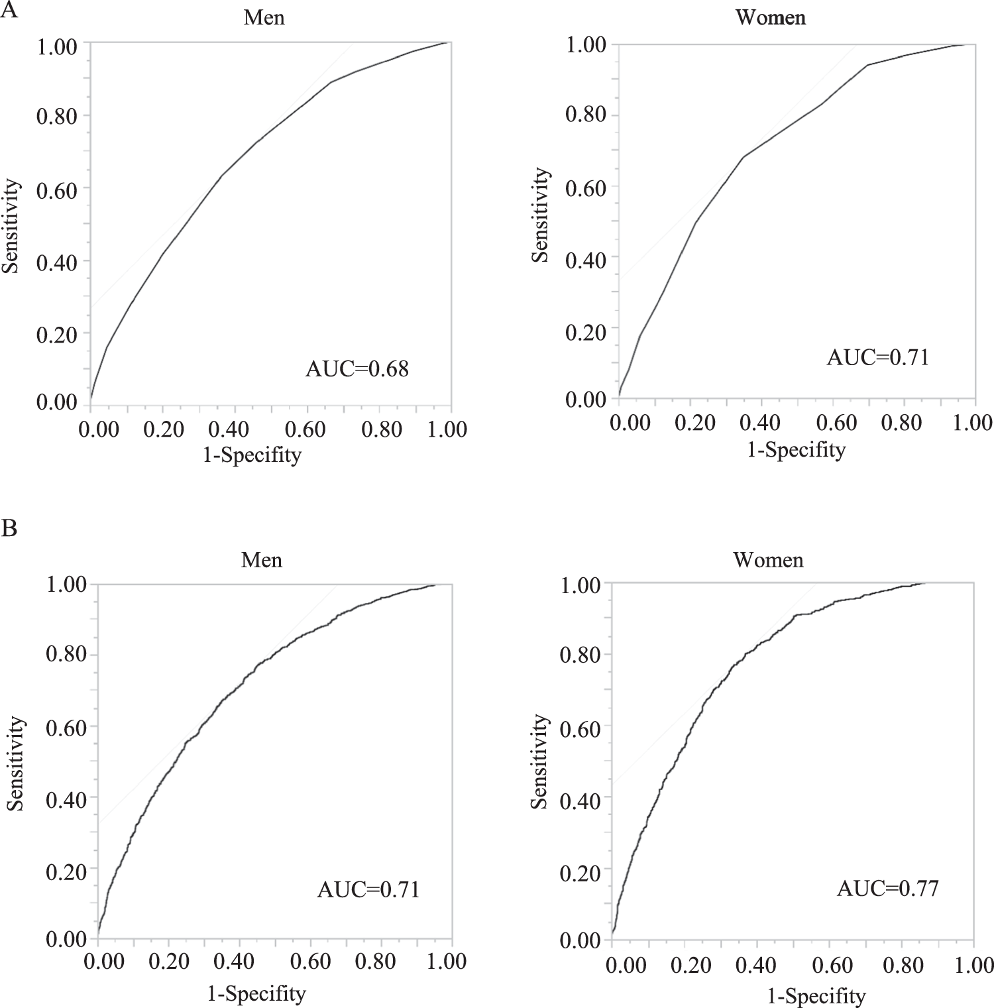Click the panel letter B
click(9, 528)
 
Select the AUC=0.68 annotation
click(357, 368)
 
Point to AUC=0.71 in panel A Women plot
click(877, 357)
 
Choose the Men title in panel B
click(262, 560)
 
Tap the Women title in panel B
click(768, 560)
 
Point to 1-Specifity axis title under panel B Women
click(816, 995)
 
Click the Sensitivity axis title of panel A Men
click(11, 226)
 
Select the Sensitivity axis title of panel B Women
click(540, 761)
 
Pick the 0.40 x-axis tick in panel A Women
click(760, 423)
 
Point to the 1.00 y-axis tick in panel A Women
click(586, 45)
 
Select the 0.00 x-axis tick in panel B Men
click(104, 961)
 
